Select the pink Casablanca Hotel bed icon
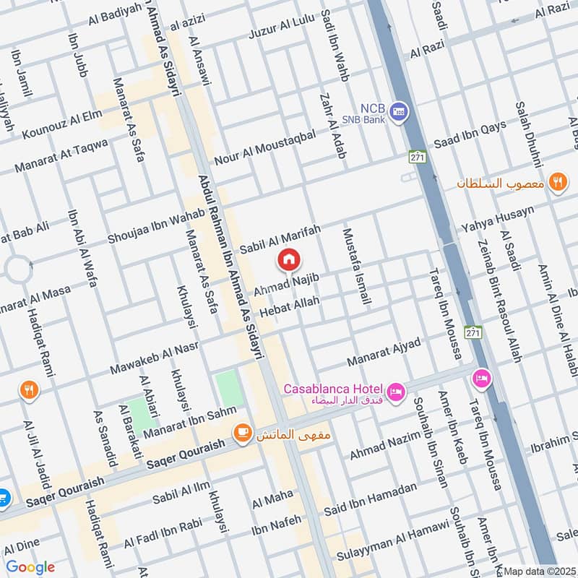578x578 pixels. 396,392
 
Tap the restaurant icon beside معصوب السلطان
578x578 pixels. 557,182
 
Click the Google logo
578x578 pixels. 30,567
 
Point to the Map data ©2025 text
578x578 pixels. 539,571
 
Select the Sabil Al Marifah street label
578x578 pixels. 280,238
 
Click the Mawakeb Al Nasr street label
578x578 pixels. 153,358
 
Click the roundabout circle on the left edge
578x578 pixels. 16,269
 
